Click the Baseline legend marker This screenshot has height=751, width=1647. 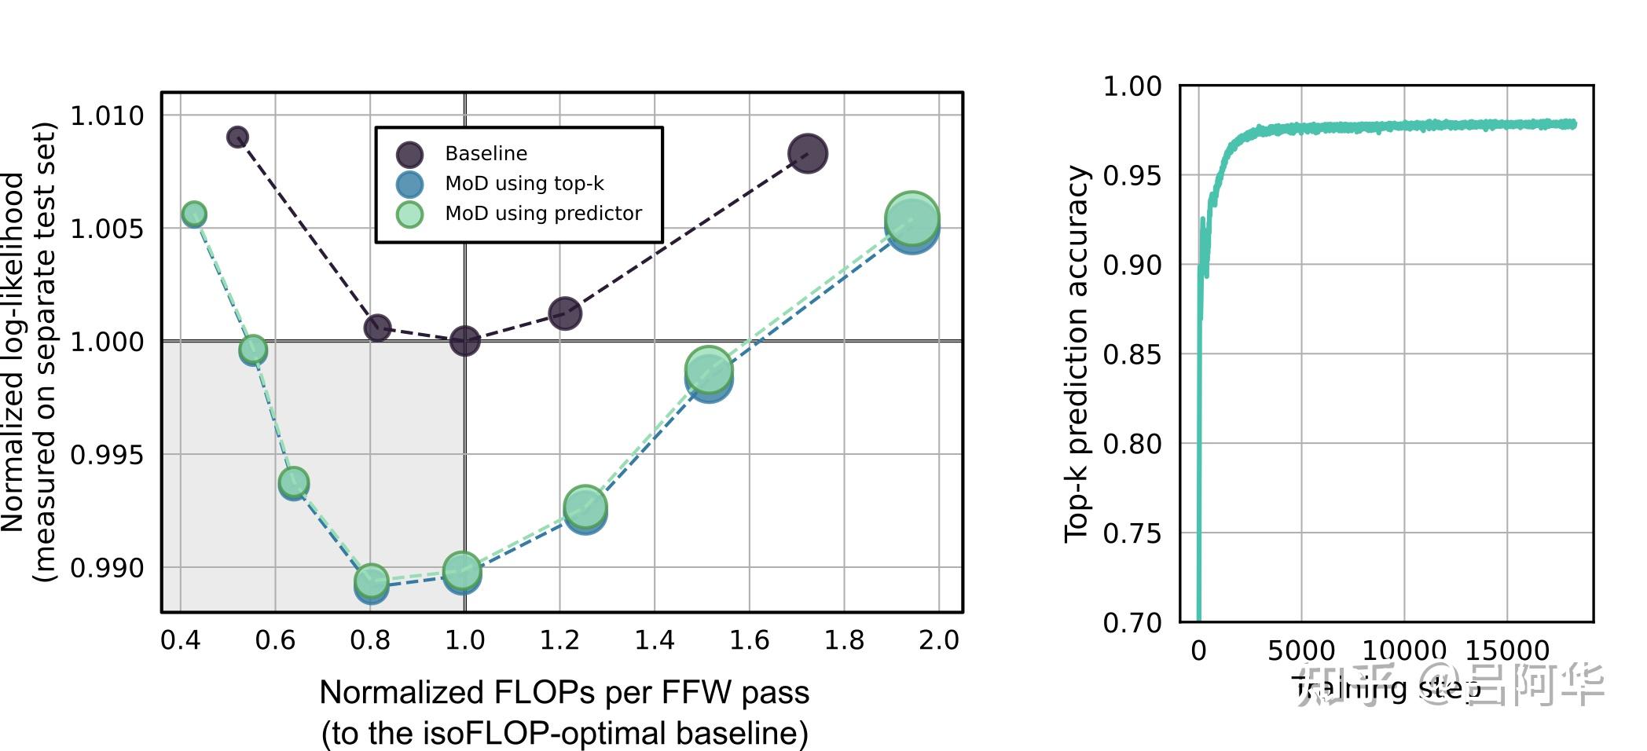409,154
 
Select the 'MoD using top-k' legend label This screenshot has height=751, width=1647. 524,183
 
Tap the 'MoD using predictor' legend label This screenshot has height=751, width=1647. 543,213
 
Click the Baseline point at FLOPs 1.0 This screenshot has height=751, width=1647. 464,341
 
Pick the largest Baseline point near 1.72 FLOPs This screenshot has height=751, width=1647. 807,153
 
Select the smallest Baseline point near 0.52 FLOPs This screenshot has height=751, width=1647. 237,137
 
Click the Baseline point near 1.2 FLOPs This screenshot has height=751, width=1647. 565,313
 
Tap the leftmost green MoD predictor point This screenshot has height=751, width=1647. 194,213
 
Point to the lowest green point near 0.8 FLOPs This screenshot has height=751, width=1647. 372,581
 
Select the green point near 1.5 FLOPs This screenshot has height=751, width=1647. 709,369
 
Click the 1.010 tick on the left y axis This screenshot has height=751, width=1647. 108,116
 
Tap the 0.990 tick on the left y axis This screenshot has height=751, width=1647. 108,568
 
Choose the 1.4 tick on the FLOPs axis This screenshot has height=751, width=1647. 654,640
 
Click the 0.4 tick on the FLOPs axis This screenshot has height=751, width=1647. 180,640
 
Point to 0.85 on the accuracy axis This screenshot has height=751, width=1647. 1132,354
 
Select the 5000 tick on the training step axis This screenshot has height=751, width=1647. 1300,650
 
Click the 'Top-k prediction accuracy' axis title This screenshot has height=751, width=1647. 1077,354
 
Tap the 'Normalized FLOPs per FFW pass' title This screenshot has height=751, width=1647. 564,692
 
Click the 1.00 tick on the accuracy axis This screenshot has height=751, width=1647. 1132,86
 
